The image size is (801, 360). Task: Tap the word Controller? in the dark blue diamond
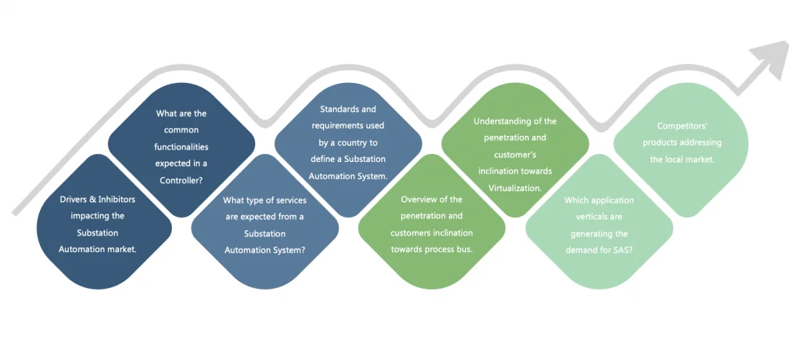pyautogui.click(x=181, y=179)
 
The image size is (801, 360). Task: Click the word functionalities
pyautogui.click(x=181, y=146)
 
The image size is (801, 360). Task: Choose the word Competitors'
pyautogui.click(x=683, y=125)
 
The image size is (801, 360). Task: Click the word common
pyautogui.click(x=181, y=130)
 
